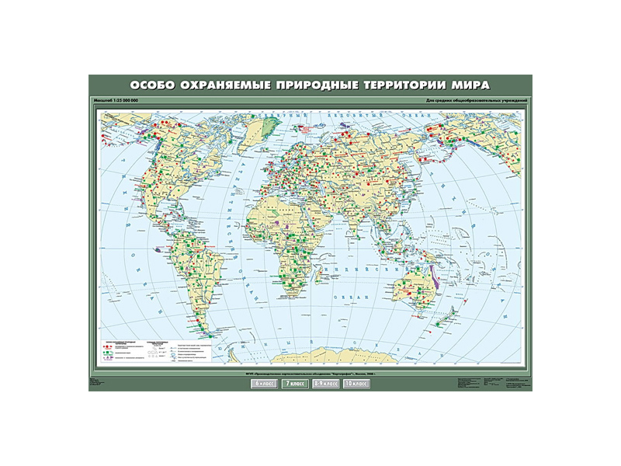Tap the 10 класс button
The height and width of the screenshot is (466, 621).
[355, 384]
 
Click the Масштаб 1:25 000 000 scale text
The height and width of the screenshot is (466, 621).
[115, 102]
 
